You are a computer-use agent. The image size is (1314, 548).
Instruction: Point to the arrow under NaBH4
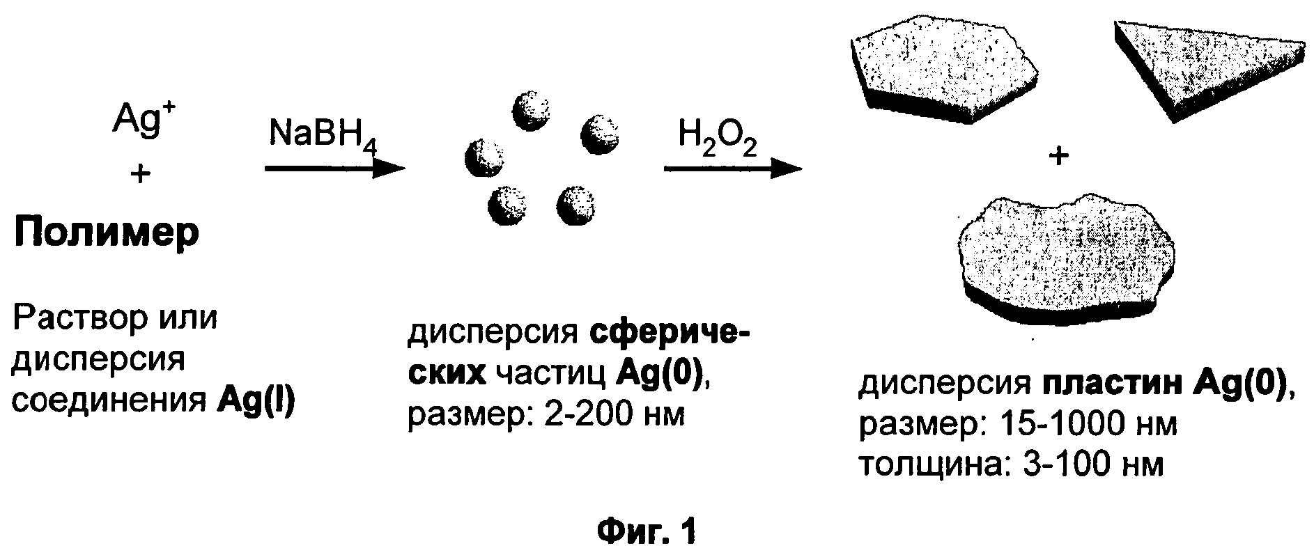point(335,169)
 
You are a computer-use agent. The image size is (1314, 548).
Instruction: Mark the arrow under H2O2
point(731,169)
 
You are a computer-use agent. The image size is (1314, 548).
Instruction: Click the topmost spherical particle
point(531,109)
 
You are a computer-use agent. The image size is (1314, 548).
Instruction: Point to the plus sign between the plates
point(1058,157)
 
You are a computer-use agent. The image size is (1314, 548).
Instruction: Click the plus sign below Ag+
point(141,174)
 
